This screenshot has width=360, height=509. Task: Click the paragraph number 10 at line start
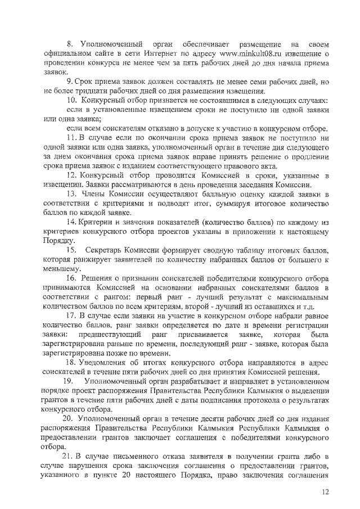click(72, 100)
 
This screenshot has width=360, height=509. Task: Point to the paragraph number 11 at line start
click(71, 138)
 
